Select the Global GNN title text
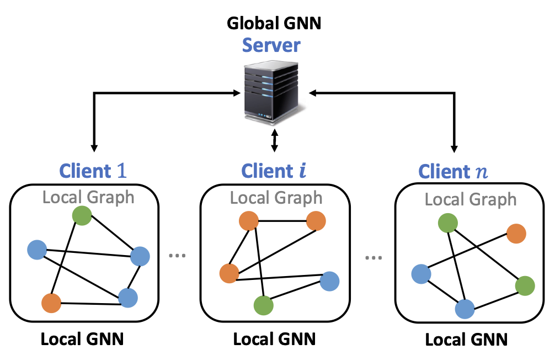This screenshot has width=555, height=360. pos(274,24)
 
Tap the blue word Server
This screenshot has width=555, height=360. pos(274,45)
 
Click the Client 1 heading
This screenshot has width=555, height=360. pos(93,171)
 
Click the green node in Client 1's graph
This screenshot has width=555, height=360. pos(82,215)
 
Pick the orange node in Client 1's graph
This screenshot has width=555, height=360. pos(51,302)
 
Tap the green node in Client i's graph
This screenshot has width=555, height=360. pos(263,305)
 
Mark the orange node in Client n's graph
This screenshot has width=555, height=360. pos(516,234)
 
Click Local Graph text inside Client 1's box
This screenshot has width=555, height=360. pos(88,197)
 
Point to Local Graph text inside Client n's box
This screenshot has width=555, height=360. pos(471,199)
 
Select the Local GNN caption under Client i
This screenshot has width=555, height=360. pos(274,338)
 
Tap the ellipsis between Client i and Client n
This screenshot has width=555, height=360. pos(373,257)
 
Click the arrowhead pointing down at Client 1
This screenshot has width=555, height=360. pos(94,147)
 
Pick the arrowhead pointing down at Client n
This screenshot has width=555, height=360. pos(455,147)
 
